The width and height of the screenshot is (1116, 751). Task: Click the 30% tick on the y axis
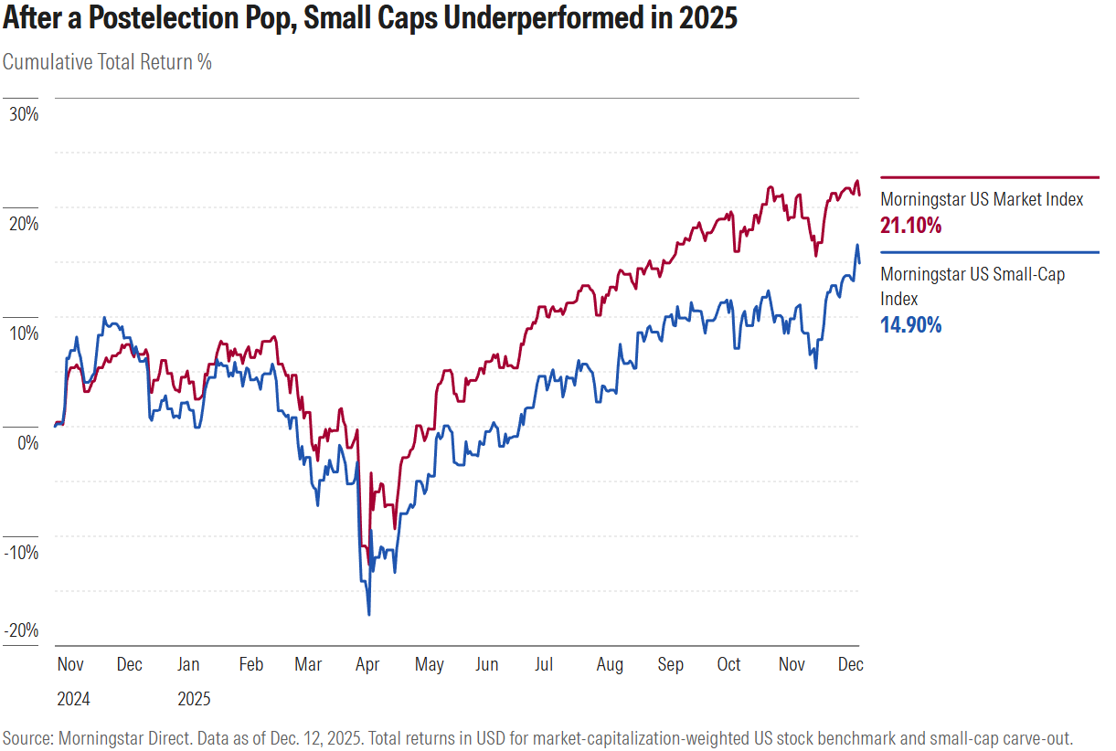pos(23,114)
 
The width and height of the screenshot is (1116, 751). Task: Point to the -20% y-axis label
pos(21,630)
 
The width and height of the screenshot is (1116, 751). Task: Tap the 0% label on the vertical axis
pos(27,442)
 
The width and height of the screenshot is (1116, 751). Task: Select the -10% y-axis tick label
pos(21,552)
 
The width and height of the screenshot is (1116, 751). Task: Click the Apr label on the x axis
pos(367,664)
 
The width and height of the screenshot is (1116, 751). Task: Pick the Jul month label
pos(543,664)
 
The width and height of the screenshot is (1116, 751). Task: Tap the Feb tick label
pos(250,664)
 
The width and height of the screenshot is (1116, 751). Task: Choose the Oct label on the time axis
pos(728,664)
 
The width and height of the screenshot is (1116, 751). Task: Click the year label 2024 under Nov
pos(74,699)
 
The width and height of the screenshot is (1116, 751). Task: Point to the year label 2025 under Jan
pos(193,699)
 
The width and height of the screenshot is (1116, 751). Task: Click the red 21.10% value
pos(910,225)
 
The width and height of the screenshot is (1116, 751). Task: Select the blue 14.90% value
pos(910,324)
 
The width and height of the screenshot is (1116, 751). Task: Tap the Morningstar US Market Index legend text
pos(982,199)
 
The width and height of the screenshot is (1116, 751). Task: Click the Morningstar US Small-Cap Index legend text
pos(973,274)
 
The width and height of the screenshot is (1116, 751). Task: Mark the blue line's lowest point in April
pos(368,614)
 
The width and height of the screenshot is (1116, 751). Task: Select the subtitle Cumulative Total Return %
pos(107,62)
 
